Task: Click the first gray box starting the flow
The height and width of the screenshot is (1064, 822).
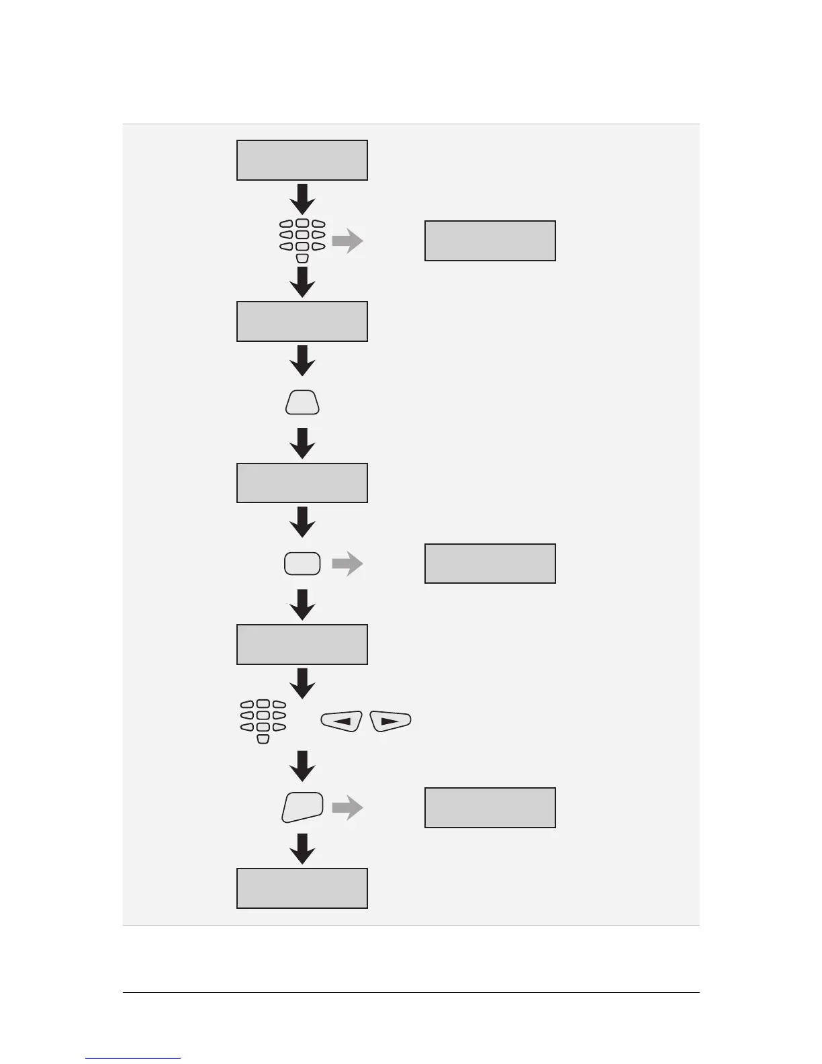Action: coord(302,160)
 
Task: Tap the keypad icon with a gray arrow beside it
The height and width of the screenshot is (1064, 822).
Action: coord(302,240)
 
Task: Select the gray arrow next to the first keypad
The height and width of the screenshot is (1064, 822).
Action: coord(347,240)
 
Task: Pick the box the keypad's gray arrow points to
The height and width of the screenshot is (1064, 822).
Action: coord(490,240)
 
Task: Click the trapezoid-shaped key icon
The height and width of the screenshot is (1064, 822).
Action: coord(302,402)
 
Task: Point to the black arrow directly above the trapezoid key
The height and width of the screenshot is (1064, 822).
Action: coord(302,361)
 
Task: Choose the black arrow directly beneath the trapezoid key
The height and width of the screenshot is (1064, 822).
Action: coord(302,443)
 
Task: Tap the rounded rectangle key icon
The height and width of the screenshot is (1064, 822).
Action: coord(302,564)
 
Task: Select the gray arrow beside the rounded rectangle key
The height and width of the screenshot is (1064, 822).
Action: coord(347,564)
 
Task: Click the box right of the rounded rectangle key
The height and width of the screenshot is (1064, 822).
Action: coord(490,564)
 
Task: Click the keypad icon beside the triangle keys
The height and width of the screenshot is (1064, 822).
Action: coord(263,721)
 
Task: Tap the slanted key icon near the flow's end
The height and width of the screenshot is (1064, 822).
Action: coord(302,807)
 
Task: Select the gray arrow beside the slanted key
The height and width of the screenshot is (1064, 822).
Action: coord(347,807)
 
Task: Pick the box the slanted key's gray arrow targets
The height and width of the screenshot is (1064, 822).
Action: coord(490,807)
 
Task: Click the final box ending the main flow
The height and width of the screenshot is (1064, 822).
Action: coord(302,888)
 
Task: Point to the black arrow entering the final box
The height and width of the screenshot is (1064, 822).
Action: coord(302,849)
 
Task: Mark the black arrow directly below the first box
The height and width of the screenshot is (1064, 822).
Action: coord(302,199)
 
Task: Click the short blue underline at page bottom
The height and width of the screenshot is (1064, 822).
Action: coord(133,1058)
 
